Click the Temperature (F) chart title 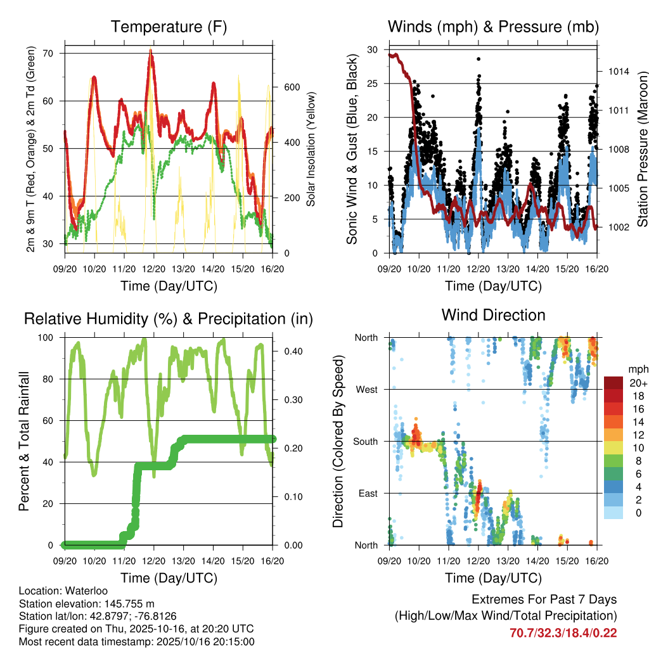tap(168, 27)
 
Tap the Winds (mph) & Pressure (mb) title tap(493, 27)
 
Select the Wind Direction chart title tap(493, 314)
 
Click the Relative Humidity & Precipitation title tap(168, 319)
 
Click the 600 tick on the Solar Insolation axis tap(290, 87)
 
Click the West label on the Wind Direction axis tap(366, 389)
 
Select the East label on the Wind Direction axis tap(368, 493)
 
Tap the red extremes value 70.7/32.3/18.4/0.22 tap(563, 633)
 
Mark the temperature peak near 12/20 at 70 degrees tap(151, 50)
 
